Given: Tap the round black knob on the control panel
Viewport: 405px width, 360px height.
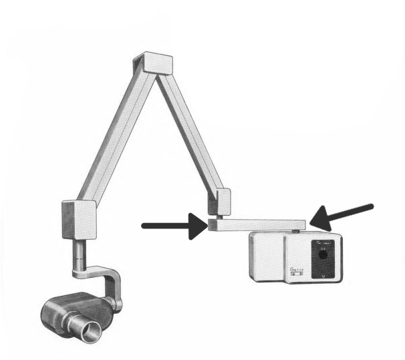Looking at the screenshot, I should pos(323,254).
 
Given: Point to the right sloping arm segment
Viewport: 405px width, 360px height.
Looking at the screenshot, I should pos(190,133).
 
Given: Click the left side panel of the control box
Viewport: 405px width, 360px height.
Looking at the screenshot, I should pos(265,256).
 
